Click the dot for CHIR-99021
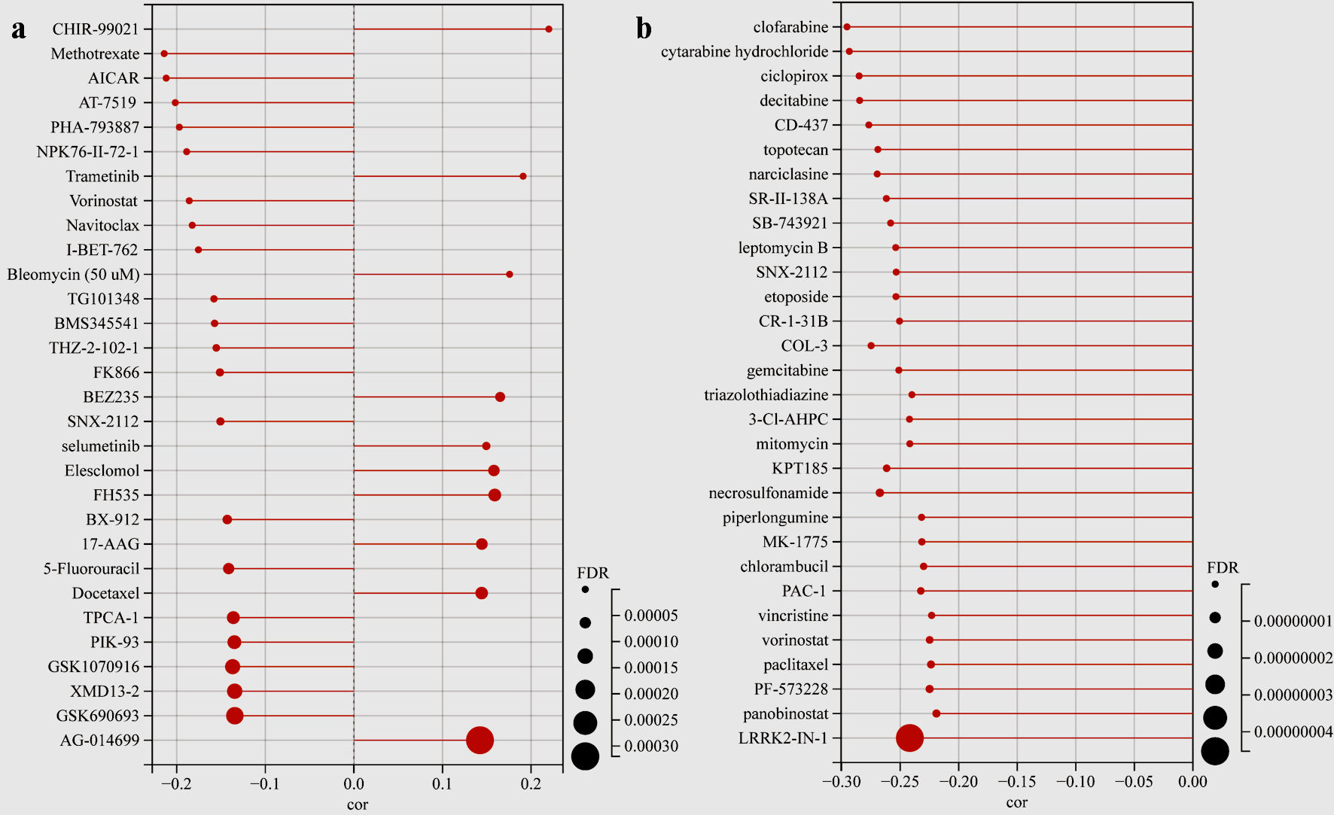549,29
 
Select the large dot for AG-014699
480,740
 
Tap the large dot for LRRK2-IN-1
909,738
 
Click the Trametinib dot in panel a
523,176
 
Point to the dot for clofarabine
847,27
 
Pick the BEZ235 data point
500,397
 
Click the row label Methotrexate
95,54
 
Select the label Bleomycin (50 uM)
73,275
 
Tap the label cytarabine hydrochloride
744,52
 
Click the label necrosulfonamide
768,494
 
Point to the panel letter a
19,29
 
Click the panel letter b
644,29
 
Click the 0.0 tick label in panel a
354,784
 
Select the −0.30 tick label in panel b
841,782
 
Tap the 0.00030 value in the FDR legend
651,747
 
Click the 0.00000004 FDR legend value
1293,732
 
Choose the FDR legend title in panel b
1222,568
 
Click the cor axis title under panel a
357,805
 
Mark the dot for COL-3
871,346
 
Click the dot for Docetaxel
482,594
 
